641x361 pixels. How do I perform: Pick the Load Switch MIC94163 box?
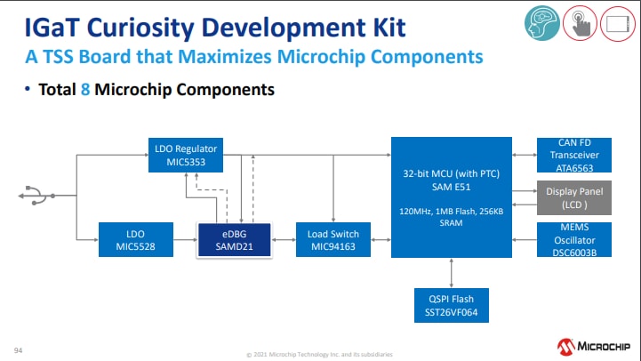point(333,239)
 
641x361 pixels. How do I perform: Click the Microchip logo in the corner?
point(594,345)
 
